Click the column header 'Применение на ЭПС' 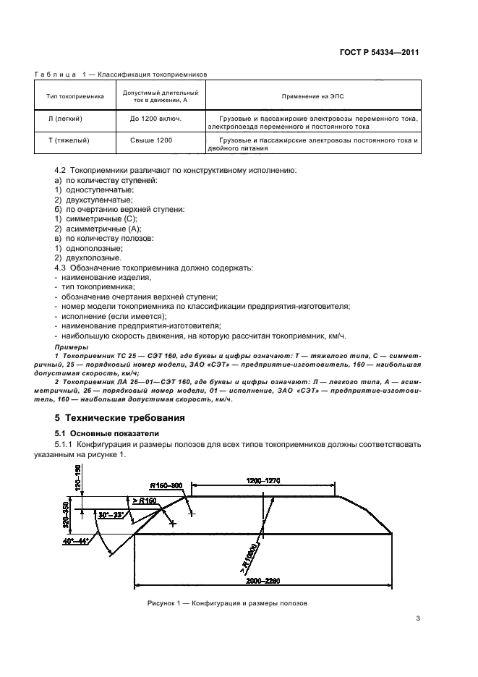point(312,95)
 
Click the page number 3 point(418,618)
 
